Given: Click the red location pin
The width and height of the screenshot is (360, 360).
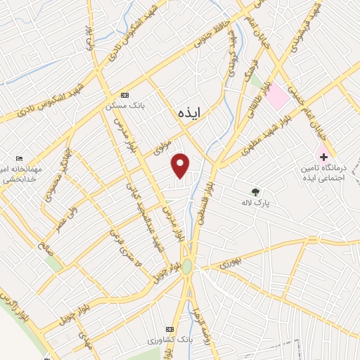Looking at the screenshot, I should [181, 165].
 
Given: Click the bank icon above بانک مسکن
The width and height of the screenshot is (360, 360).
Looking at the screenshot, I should [125, 95].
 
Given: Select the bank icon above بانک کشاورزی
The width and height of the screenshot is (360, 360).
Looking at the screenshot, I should [169, 328].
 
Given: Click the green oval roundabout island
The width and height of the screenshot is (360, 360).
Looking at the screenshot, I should [186, 266].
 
